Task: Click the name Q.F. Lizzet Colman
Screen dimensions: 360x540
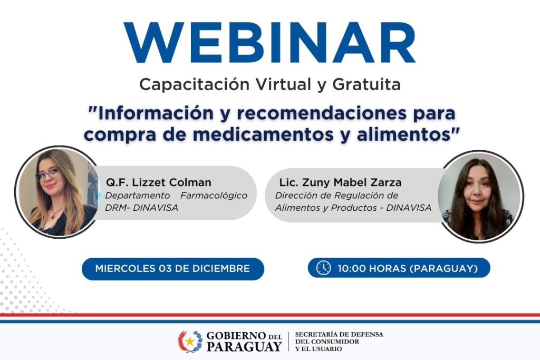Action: click(x=158, y=182)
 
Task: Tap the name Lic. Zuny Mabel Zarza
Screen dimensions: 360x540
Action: click(x=340, y=182)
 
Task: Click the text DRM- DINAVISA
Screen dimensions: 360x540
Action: click(x=141, y=208)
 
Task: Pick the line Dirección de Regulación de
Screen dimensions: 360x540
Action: click(x=336, y=195)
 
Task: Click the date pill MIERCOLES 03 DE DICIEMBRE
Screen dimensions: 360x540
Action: click(x=172, y=269)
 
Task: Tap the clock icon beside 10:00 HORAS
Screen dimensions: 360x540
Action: click(x=323, y=268)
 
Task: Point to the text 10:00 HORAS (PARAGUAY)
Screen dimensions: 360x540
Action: click(x=408, y=269)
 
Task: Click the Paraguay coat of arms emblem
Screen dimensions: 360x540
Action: click(x=190, y=341)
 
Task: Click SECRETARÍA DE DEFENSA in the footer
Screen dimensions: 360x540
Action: click(x=339, y=335)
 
